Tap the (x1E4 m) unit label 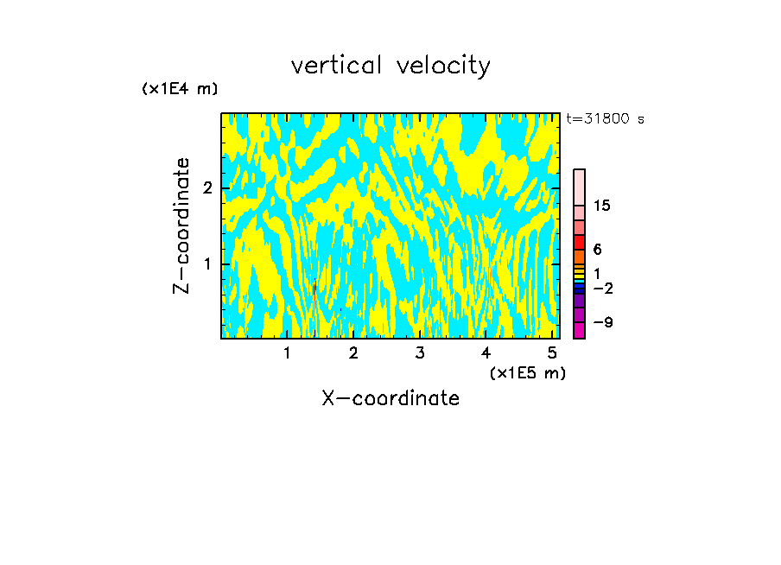coord(180,88)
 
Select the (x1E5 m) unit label coord(527,372)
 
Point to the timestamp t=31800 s coord(605,119)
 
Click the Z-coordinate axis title coord(181,225)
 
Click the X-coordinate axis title coord(390,398)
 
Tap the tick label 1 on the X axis coord(287,353)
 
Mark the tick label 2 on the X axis coord(353,353)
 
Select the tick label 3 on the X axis coord(419,353)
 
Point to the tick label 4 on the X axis coord(486,353)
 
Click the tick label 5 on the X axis coord(551,353)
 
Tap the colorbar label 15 coord(602,206)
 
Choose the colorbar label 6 coord(598,249)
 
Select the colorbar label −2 coord(602,287)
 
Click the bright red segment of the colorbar coord(579,242)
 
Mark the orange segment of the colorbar coord(579,257)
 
